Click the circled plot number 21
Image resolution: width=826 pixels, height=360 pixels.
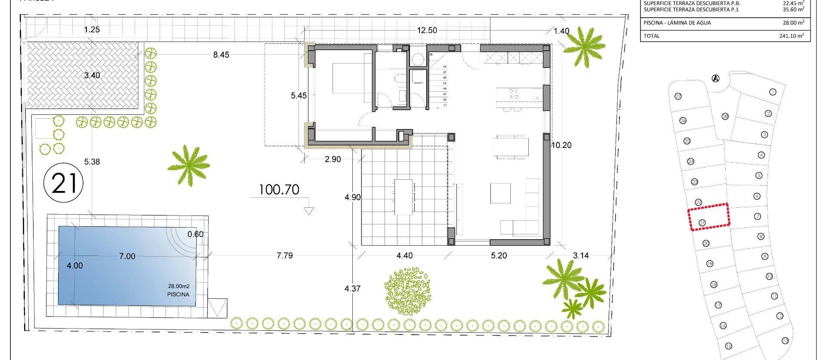(x=64, y=183)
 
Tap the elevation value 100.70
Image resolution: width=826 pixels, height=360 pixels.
(x=279, y=190)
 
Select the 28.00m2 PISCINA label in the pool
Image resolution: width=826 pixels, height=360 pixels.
(x=179, y=290)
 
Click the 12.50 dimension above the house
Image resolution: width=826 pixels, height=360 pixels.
(x=427, y=30)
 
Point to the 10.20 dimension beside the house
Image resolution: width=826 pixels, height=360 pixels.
(x=561, y=145)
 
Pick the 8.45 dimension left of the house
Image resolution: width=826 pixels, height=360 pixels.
(x=221, y=55)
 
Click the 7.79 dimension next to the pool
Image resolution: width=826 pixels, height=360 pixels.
(x=284, y=255)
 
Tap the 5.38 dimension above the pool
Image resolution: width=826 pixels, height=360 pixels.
(x=92, y=162)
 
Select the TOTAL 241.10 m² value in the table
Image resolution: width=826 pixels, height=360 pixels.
(x=791, y=36)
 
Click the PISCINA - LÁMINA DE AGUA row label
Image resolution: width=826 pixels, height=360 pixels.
(x=677, y=23)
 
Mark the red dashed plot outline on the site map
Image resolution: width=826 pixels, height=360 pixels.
(x=709, y=217)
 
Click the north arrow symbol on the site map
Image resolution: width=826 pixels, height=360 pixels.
(x=715, y=78)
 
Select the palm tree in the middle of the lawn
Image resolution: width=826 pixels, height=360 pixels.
(x=188, y=165)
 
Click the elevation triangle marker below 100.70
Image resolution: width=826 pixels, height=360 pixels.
(x=308, y=211)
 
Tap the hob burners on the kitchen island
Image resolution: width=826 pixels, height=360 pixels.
(x=513, y=94)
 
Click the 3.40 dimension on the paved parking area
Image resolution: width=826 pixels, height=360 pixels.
(x=92, y=75)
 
